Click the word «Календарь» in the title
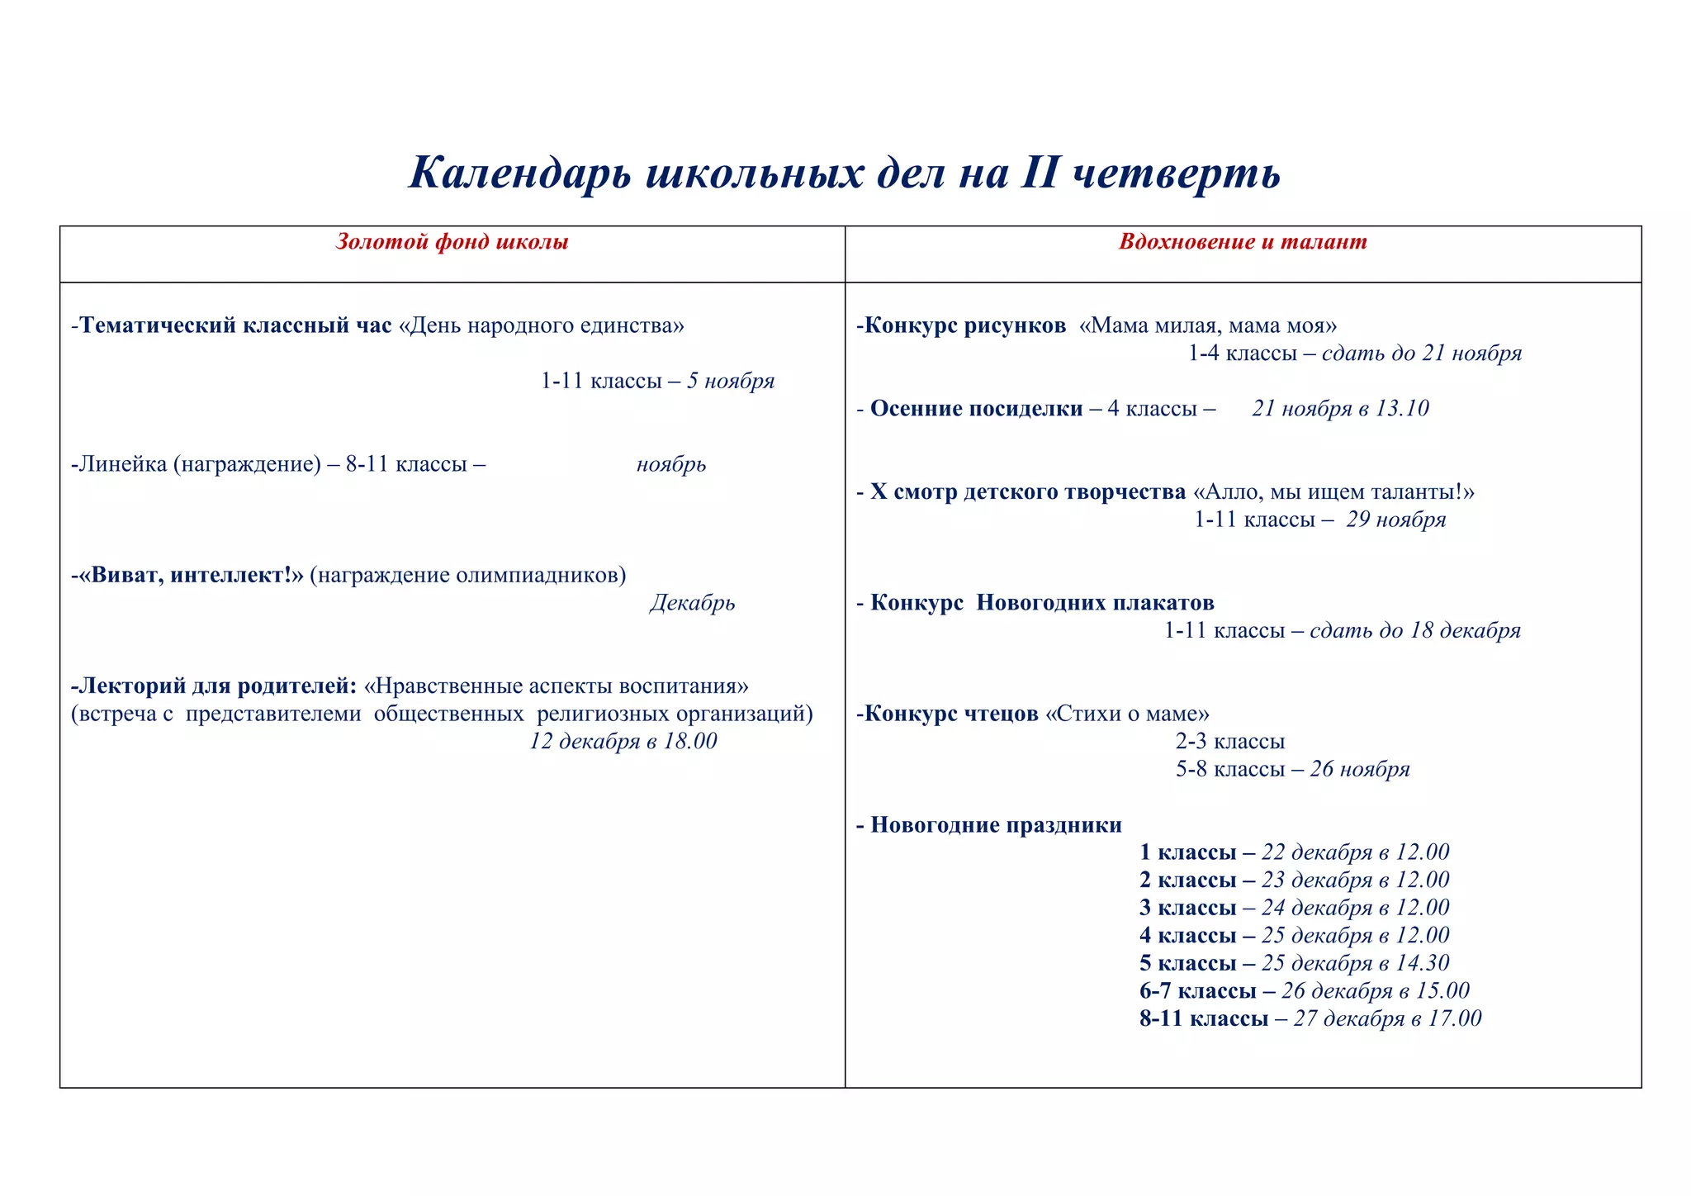tap(520, 173)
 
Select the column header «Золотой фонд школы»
tap(452, 242)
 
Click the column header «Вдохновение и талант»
tap(1243, 242)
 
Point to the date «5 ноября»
tap(731, 381)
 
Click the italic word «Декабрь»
tap(692, 603)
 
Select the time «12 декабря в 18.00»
tap(623, 741)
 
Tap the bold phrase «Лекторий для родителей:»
tap(215, 686)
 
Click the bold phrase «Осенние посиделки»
tap(976, 409)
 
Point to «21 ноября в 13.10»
tap(1340, 409)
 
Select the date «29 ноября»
tap(1396, 520)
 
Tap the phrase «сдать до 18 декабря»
tap(1414, 631)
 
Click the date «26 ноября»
tap(1360, 769)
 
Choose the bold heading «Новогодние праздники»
tap(996, 825)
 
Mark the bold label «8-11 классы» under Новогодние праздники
tap(1204, 1018)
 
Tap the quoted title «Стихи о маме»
tap(1127, 714)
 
